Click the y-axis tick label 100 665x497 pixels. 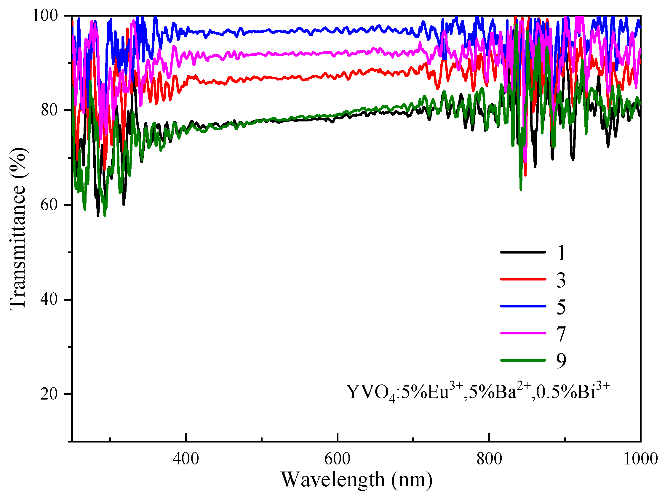click(x=45, y=16)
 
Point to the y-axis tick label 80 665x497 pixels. click(x=49, y=110)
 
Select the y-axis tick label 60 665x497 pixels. click(x=49, y=205)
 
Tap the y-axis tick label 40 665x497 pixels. click(x=49, y=299)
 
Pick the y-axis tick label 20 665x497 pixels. click(x=49, y=394)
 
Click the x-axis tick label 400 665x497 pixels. click(x=186, y=459)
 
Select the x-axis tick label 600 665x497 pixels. click(x=337, y=459)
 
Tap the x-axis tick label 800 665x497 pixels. click(x=489, y=459)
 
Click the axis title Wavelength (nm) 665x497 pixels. click(x=357, y=480)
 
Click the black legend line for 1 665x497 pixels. click(x=523, y=252)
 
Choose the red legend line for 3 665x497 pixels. click(x=523, y=279)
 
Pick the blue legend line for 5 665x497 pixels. click(x=523, y=306)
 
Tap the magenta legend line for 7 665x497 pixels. click(x=523, y=333)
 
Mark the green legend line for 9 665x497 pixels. click(x=523, y=360)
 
